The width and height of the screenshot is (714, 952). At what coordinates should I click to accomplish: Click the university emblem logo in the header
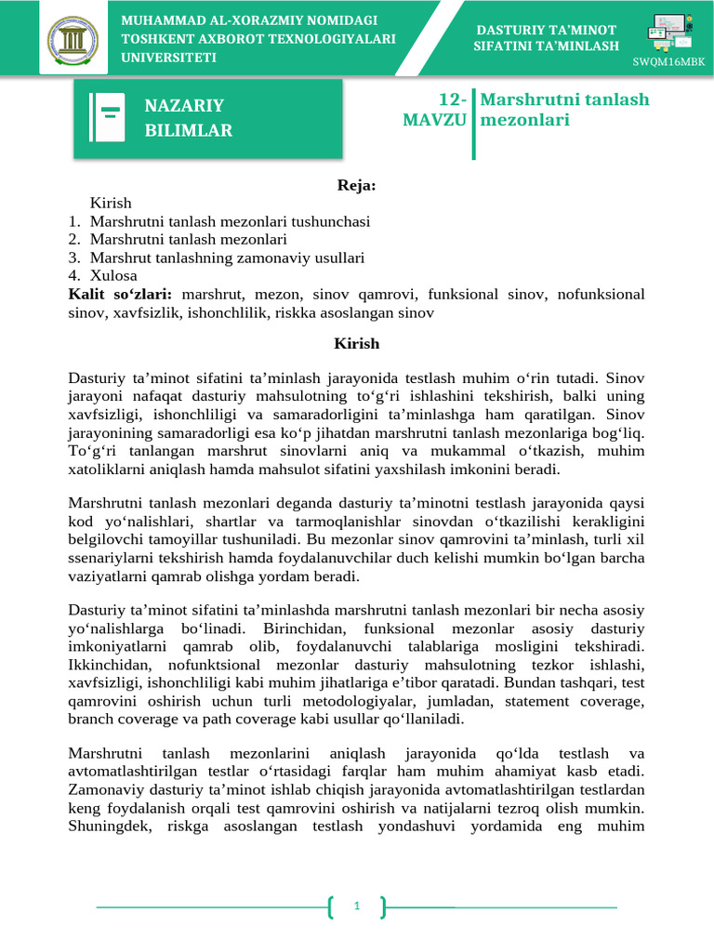coord(70,38)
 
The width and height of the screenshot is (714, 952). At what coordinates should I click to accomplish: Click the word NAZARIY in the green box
coord(184,105)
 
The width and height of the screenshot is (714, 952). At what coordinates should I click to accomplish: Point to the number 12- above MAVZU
coord(451,99)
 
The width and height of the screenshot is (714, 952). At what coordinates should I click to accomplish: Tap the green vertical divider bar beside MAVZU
coord(473,124)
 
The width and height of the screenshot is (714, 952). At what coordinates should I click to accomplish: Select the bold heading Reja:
coord(356,186)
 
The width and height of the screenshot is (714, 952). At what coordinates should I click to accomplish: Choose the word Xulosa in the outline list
coord(113,276)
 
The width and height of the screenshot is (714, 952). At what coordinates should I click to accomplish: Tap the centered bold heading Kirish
coord(357,343)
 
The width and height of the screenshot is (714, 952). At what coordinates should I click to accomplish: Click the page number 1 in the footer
coord(357,906)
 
